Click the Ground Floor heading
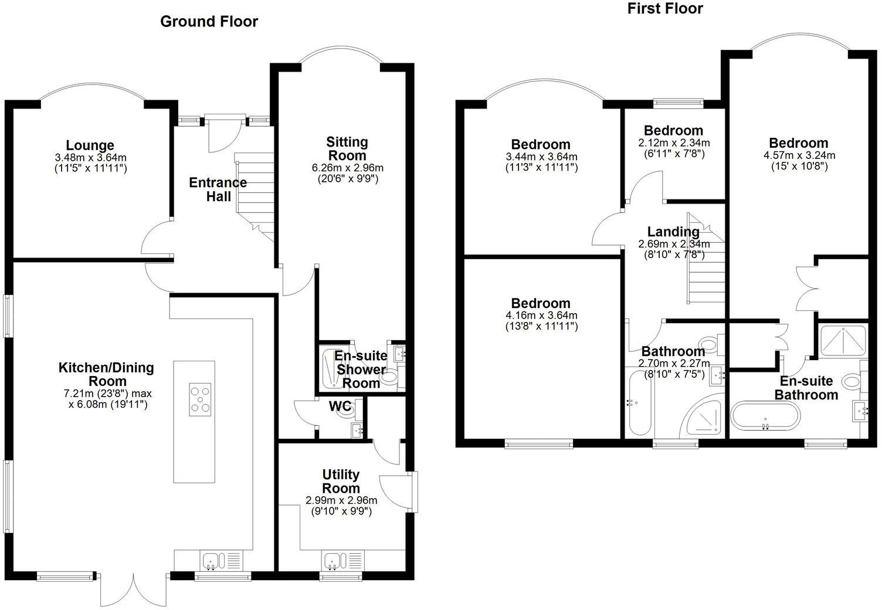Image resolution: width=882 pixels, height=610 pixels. [209, 22]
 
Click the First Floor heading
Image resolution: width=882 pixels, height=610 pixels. [665, 9]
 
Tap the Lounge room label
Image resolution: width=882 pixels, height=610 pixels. [90, 145]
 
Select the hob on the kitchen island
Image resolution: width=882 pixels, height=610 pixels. [200, 399]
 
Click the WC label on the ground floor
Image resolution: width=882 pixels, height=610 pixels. [340, 406]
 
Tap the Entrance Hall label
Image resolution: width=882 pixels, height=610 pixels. [218, 189]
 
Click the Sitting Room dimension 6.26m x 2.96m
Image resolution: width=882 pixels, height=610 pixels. [348, 168]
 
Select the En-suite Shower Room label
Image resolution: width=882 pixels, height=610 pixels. [361, 370]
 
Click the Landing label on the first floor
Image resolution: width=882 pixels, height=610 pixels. [674, 232]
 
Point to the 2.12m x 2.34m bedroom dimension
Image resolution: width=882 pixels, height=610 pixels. [674, 143]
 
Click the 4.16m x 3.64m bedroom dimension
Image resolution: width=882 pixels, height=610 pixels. [541, 316]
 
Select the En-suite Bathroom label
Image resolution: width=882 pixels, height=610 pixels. [806, 388]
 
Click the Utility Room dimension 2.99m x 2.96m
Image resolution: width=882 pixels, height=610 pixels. [341, 500]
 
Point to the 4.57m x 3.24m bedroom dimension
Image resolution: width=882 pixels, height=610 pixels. [799, 155]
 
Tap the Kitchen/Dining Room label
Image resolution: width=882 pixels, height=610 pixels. [106, 375]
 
